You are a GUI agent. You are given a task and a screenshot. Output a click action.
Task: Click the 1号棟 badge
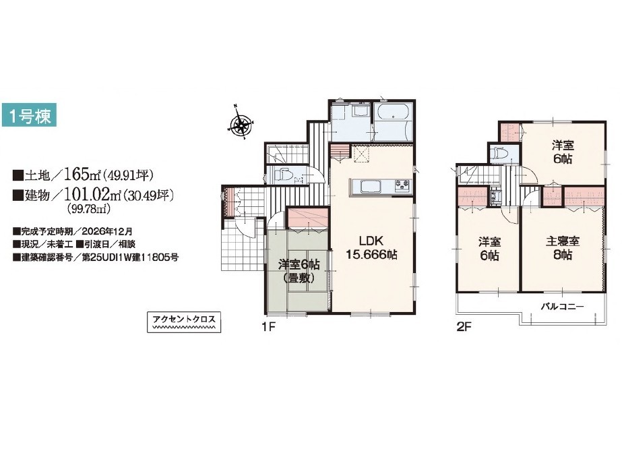pyautogui.click(x=29, y=115)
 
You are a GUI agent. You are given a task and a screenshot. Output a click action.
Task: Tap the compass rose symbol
pyautogui.click(x=241, y=123)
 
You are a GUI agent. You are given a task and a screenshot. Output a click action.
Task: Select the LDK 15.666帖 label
pyautogui.click(x=372, y=247)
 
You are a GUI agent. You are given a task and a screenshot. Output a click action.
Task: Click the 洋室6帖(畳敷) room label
pyautogui.click(x=299, y=271)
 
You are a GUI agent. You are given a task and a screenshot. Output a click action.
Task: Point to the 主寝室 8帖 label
pyautogui.click(x=563, y=247)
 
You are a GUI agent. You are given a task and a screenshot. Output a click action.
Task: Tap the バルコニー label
pyautogui.click(x=563, y=307)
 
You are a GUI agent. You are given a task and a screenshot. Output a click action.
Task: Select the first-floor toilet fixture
pyautogui.click(x=282, y=175)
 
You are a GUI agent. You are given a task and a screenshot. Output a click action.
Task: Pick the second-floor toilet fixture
pyautogui.click(x=498, y=153)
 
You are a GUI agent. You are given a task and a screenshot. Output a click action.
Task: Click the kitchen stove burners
pyautogui.click(x=402, y=185)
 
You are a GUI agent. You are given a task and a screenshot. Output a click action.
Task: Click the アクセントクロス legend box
pyautogui.click(x=184, y=322)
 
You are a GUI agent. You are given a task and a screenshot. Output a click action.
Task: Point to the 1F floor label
pyautogui.click(x=268, y=327)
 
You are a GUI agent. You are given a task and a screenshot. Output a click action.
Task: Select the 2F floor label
pyautogui.click(x=464, y=327)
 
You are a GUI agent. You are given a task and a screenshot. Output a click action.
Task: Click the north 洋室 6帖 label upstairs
pyautogui.click(x=563, y=152)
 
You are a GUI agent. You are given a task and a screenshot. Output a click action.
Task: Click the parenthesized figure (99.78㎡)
pyautogui.click(x=88, y=209)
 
